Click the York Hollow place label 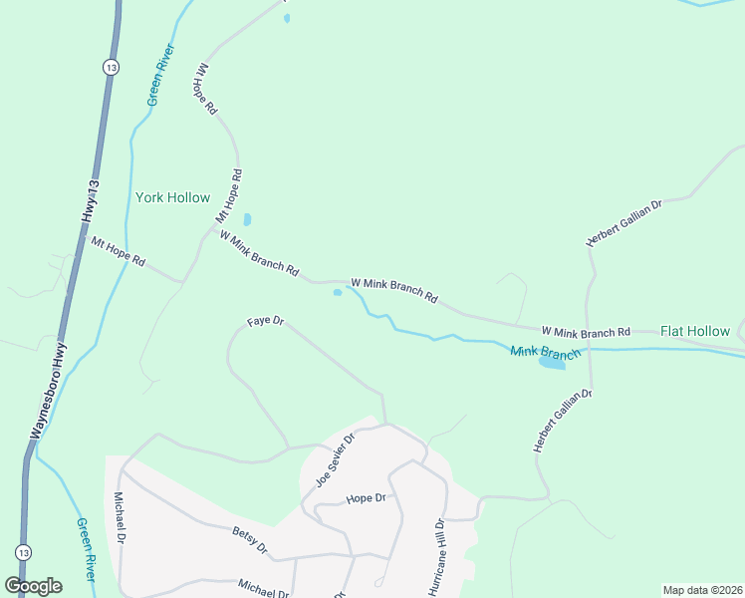pyautogui.click(x=172, y=197)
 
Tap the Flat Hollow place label pyautogui.click(x=694, y=331)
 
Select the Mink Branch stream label pyautogui.click(x=545, y=353)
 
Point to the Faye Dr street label pyautogui.click(x=266, y=322)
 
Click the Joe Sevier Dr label pyautogui.click(x=336, y=459)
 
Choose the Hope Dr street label pyautogui.click(x=365, y=498)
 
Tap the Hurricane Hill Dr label pyautogui.click(x=436, y=557)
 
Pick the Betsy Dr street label pyautogui.click(x=250, y=541)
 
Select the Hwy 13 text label pyautogui.click(x=91, y=202)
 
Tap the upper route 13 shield pyautogui.click(x=110, y=67)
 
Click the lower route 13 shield pyautogui.click(x=23, y=551)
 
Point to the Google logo pyautogui.click(x=33, y=586)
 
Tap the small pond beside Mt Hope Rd pyautogui.click(x=247, y=219)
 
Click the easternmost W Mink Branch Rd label pyautogui.click(x=586, y=331)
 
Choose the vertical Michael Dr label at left pyautogui.click(x=120, y=517)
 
